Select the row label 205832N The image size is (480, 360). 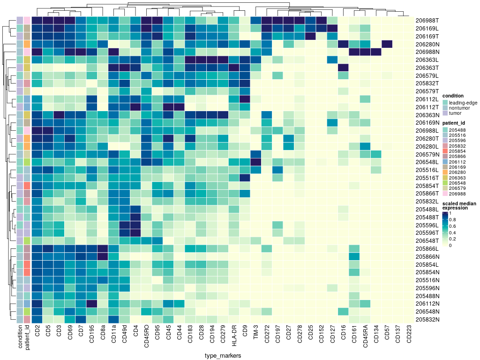427,320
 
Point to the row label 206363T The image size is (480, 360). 427,68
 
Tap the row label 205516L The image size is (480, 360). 427,169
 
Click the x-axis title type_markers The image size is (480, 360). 223,356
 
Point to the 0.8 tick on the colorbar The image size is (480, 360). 451,219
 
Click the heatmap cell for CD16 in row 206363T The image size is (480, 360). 343,68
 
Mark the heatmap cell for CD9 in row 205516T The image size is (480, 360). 245,178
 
